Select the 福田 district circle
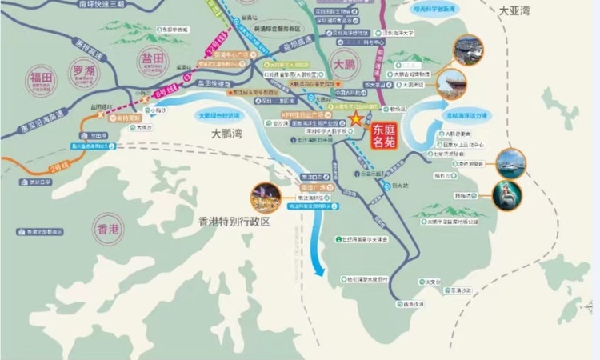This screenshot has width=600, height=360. (41, 78)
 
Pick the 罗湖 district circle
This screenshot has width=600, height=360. (82, 70)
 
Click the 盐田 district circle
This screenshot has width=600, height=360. (150, 58)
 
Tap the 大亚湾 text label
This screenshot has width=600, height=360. (514, 11)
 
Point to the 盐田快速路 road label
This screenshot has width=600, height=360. (214, 82)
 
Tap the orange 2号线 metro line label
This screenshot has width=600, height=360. (58, 169)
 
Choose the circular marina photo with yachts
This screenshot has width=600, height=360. (511, 163)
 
